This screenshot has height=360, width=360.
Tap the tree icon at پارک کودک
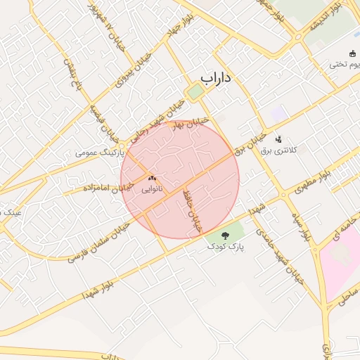(x=226, y=236)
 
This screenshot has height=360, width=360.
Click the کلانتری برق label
(x=279, y=150)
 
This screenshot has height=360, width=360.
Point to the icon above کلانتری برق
(x=279, y=139)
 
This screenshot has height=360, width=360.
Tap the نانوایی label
(x=151, y=189)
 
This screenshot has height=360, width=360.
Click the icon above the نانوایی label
(x=151, y=179)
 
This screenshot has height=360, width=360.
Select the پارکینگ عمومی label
(x=100, y=152)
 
